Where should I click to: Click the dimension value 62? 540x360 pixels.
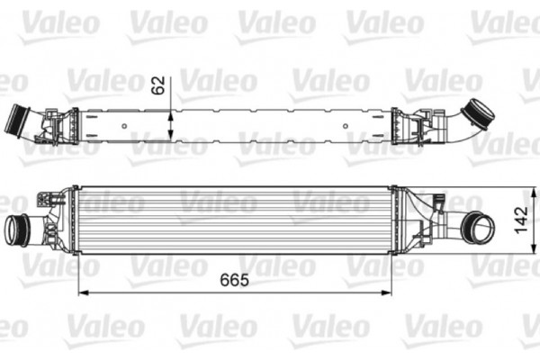pyautogui.click(x=158, y=85)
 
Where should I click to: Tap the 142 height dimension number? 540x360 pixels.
pyautogui.click(x=520, y=219)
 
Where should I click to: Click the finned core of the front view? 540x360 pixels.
pyautogui.click(x=234, y=220)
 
